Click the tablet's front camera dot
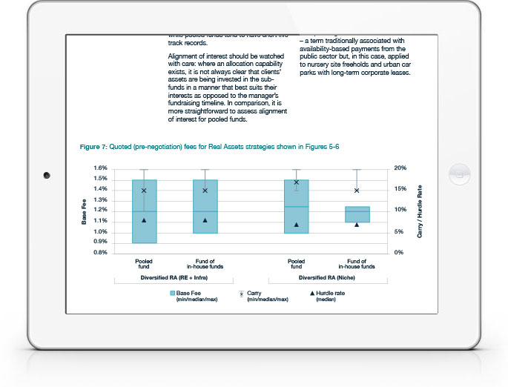(46, 175)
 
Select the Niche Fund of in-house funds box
(357, 214)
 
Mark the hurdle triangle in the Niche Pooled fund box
(296, 224)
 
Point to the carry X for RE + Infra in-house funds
(205, 191)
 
